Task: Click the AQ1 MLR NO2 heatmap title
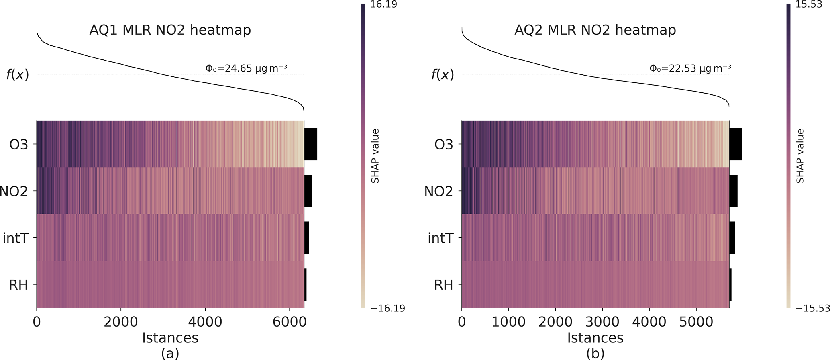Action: point(170,30)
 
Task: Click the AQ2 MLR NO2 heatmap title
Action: point(595,30)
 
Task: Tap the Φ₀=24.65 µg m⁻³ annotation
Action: point(246,68)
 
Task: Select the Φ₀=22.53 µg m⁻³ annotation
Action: point(690,68)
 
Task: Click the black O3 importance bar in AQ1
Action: point(310,144)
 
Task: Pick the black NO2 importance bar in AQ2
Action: point(733,191)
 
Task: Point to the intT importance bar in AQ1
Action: point(306,238)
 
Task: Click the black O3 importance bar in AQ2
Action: point(736,144)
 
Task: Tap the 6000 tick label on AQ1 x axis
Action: point(290,322)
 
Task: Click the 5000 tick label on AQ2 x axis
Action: point(696,322)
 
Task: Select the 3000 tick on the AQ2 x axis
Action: point(602,322)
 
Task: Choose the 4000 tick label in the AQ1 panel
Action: point(205,322)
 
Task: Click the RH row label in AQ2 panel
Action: point(443,285)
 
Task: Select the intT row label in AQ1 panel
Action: point(16,238)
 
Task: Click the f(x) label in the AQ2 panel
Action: point(443,75)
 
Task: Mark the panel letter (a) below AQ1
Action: point(170,353)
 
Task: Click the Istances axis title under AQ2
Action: point(595,338)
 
